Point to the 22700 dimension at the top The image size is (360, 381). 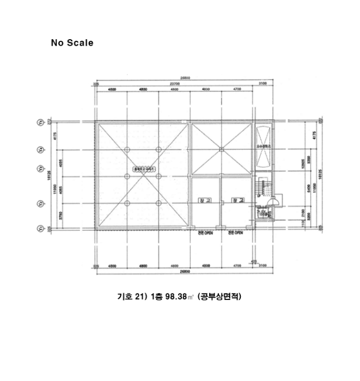(x=174, y=84)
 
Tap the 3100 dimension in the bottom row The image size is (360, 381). (x=263, y=266)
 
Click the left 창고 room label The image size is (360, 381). (x=205, y=200)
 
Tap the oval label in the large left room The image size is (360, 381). (x=143, y=169)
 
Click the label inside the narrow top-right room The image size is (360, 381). (x=263, y=146)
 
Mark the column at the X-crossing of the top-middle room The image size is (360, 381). (x=221, y=149)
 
